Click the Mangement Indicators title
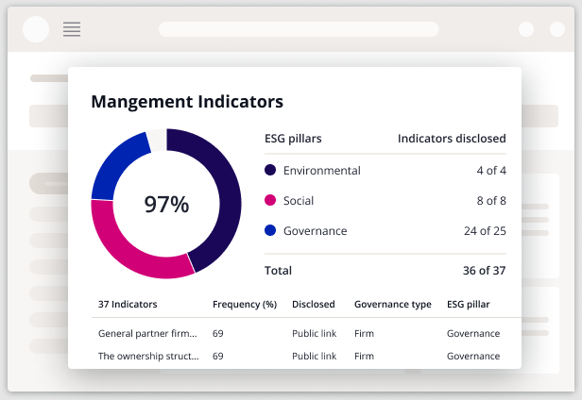(x=187, y=101)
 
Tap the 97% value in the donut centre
(x=166, y=204)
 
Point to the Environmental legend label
(x=321, y=171)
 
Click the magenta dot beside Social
(x=270, y=201)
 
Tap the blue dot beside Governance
(x=270, y=231)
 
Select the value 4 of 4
(x=491, y=171)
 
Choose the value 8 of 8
(x=491, y=201)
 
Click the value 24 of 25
(x=486, y=231)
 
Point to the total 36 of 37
(x=486, y=271)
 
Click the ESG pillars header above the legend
(x=293, y=139)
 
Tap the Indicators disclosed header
(x=452, y=139)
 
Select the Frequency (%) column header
(x=244, y=305)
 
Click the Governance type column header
(x=392, y=305)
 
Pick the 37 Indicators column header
(x=128, y=305)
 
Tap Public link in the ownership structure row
(x=314, y=357)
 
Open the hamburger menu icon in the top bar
(x=72, y=29)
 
